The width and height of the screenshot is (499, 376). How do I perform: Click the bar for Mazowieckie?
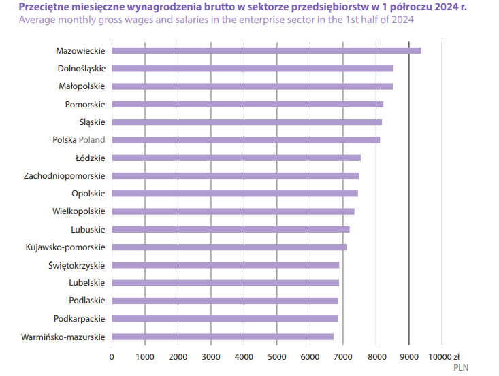point(266,50)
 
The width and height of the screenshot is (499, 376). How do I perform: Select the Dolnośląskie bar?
point(253,68)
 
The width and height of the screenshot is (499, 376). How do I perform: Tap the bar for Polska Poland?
point(246,139)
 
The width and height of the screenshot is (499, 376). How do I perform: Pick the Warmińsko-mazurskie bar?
point(223,336)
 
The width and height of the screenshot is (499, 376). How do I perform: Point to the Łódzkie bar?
point(236,158)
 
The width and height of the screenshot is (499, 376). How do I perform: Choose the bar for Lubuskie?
point(231,229)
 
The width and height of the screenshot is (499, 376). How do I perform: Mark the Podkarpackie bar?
point(225,318)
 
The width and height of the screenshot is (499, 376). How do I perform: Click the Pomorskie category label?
point(85,104)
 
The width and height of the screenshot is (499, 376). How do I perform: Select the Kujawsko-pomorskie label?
point(65,247)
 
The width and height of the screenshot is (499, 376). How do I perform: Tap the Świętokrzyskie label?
point(77,265)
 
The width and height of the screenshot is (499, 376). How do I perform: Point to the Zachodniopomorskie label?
point(65,175)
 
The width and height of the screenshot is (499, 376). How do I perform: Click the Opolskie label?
point(88,193)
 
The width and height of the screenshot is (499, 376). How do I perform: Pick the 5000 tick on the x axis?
point(276,356)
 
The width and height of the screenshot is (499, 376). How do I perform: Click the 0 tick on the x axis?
point(112,356)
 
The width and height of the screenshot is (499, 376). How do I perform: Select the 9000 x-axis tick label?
point(408,356)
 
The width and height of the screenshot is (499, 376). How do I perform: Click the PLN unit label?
point(461,368)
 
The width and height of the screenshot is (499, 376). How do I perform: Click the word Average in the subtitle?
point(38,20)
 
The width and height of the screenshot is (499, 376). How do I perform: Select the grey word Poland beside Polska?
point(92,140)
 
